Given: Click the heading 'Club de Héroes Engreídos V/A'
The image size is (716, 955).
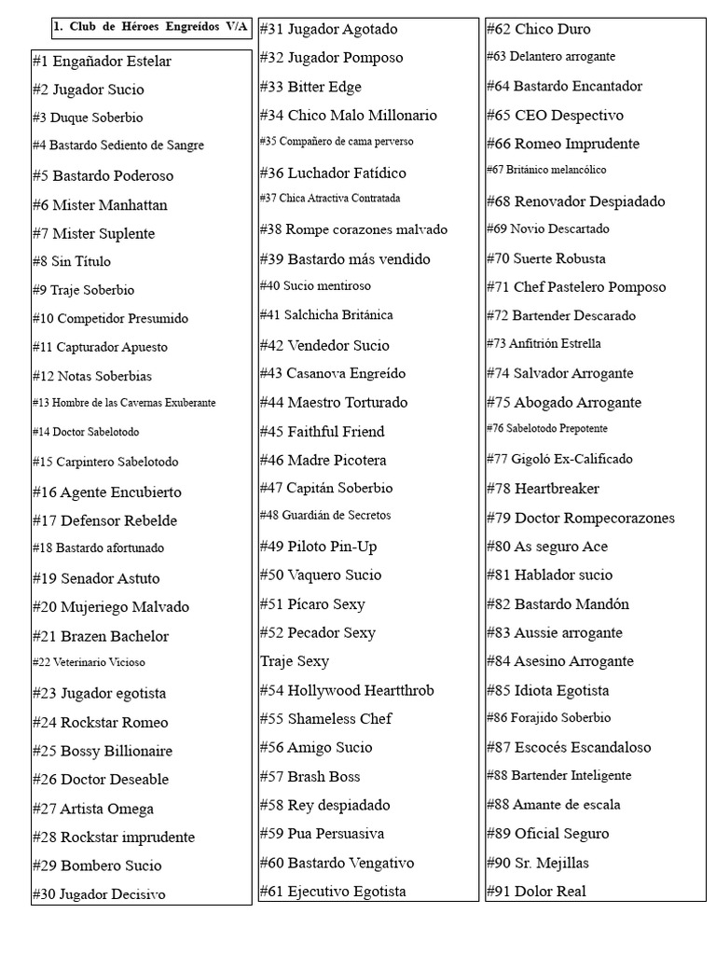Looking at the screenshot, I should [x=151, y=27].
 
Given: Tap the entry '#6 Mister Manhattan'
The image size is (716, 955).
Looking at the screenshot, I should [x=100, y=205].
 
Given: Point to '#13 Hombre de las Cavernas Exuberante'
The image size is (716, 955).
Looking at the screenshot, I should [x=124, y=403].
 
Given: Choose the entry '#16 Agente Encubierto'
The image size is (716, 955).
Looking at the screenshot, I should [x=106, y=492].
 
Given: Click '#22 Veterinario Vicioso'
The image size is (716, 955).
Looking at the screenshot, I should [x=89, y=662].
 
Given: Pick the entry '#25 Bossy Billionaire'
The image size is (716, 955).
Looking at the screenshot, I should [x=102, y=751].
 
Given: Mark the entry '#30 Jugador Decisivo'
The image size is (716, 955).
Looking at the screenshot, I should [x=99, y=894].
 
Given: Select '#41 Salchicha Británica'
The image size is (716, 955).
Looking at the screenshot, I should [x=326, y=315].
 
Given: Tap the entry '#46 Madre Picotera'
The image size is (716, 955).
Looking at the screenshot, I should [x=323, y=460].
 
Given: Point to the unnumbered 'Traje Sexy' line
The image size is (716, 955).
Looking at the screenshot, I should [x=295, y=661].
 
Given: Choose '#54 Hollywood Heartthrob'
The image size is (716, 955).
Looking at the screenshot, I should [x=347, y=690].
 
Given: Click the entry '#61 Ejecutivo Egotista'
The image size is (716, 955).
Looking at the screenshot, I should [x=333, y=891].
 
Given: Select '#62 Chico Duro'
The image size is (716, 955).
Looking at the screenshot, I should [x=538, y=29].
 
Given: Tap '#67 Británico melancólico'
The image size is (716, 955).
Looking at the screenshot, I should [x=546, y=170].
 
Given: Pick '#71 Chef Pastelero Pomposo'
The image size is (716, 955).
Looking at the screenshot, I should [x=576, y=287].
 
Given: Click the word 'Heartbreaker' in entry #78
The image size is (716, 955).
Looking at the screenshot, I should [x=557, y=489].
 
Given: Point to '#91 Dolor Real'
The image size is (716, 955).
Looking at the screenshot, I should [x=536, y=891].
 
